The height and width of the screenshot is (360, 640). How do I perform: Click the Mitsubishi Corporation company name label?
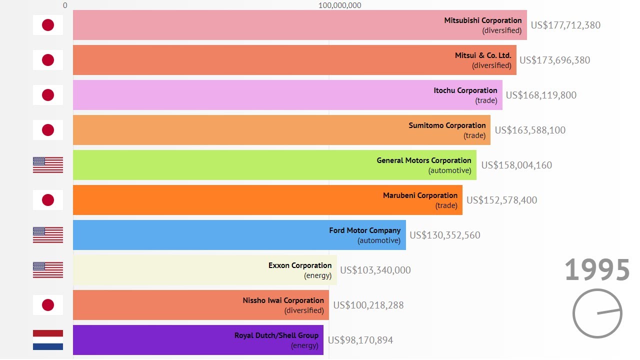tap(482, 20)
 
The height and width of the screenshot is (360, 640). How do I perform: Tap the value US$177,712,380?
tap(565, 25)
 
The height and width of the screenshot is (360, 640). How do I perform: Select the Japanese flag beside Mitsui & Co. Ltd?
tap(48, 60)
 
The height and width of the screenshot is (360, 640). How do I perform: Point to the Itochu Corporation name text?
tap(465, 90)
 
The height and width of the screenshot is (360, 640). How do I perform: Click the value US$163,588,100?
tap(530, 130)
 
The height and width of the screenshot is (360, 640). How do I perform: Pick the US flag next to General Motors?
tap(48, 165)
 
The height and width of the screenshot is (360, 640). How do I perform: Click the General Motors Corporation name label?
tap(424, 160)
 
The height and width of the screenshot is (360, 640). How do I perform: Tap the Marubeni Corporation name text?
tap(420, 195)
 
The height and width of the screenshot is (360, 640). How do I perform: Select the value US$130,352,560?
tap(445, 235)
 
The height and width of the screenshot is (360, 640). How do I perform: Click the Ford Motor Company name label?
tap(364, 230)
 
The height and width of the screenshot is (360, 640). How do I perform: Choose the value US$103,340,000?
tap(375, 270)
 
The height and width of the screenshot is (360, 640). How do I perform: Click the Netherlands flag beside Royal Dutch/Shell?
tap(48, 340)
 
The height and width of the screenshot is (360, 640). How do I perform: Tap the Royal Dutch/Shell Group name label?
tap(276, 335)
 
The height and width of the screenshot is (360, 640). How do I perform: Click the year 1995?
tap(597, 270)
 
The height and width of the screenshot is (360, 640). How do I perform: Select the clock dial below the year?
tap(597, 313)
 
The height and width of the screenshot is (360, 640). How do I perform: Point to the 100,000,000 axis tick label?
tap(339, 5)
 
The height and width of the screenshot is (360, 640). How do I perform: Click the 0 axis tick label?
tap(65, 5)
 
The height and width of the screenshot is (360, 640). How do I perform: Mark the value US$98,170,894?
tap(360, 340)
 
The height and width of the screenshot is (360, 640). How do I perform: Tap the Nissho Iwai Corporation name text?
tap(283, 300)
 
